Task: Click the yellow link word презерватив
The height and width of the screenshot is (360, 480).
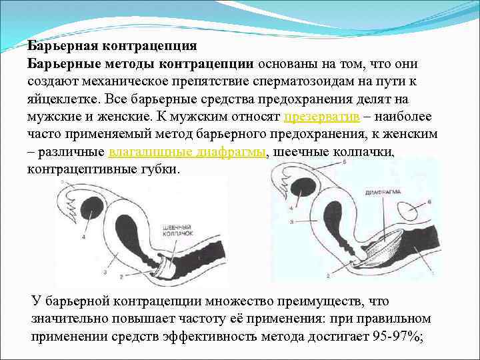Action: [322, 116]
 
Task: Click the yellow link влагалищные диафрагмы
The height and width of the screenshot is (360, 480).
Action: [187, 151]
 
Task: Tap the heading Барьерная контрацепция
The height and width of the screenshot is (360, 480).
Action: [112, 46]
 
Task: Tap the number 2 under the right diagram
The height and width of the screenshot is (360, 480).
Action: [327, 275]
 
